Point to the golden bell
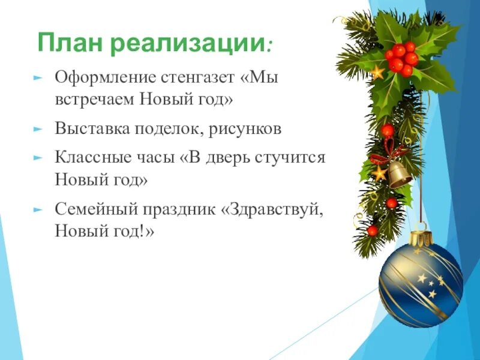399,173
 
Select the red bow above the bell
387,153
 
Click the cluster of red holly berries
401,58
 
